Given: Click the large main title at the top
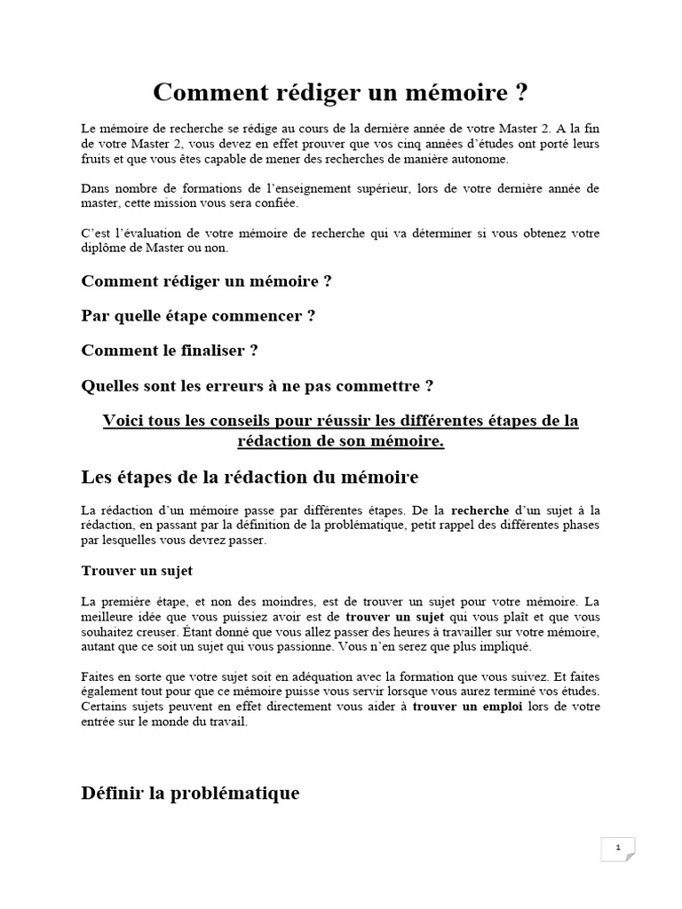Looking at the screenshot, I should coord(341,92).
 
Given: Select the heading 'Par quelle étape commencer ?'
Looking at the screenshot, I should coord(198,315).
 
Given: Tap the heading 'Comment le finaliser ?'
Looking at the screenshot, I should coord(170,350).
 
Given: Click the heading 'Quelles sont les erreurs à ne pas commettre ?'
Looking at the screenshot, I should coord(258,385).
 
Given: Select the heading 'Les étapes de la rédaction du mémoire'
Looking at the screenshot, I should coord(250,478).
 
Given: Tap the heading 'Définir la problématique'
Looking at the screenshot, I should coord(190,794).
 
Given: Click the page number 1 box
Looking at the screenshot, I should coord(617,848).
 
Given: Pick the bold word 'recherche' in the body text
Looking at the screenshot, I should coord(480,510).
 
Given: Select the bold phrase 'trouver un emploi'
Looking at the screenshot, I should coord(468,707).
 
